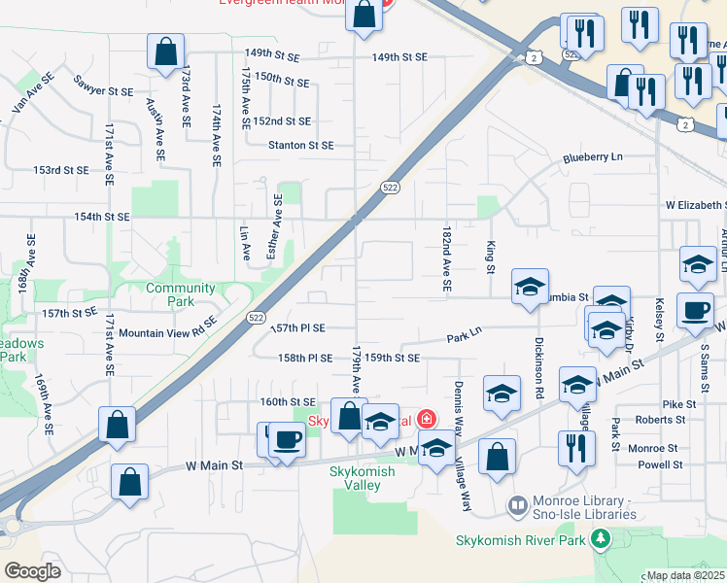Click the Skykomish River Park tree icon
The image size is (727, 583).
602,537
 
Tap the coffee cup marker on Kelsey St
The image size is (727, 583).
695,311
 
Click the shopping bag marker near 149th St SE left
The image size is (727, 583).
165,50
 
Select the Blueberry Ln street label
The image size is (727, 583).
592,157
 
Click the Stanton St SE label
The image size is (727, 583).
301,145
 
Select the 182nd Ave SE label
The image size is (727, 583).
447,261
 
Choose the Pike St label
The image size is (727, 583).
678,403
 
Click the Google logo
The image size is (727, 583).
32,570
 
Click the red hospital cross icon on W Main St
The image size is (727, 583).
425,420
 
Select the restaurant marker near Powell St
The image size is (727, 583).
576,448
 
